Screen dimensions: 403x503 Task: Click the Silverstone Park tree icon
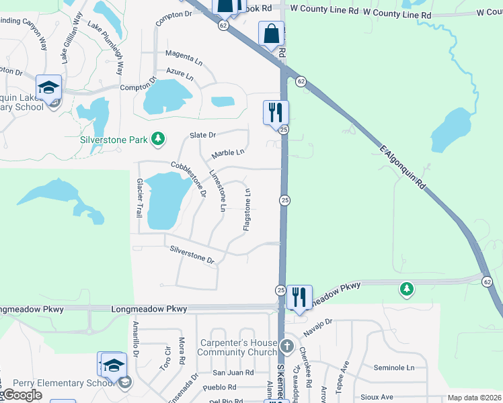[158, 139]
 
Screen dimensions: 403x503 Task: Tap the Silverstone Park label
[113, 140]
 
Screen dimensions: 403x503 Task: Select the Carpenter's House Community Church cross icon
[287, 347]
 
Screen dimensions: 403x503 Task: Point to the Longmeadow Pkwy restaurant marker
[299, 297]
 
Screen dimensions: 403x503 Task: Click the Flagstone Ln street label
[247, 210]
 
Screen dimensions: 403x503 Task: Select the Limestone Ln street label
[217, 191]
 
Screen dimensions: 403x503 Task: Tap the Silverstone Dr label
[192, 255]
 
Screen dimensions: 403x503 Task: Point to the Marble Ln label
[227, 154]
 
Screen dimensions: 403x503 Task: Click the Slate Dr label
[202, 135]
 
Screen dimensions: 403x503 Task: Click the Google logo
[22, 395]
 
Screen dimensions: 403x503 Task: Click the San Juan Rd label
[233, 372]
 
